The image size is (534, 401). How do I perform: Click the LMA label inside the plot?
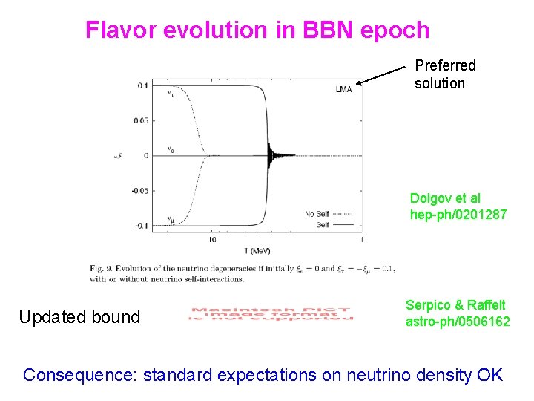[343, 89]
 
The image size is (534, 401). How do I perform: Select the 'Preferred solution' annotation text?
[444, 74]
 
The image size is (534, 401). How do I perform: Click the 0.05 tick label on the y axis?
[139, 120]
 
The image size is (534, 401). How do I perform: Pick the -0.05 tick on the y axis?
[139, 190]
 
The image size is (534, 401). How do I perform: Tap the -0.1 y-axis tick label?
[140, 225]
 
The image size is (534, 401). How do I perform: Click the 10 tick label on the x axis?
[212, 240]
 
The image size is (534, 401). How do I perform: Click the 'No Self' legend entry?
[316, 214]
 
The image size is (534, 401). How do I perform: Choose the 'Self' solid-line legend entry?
[322, 224]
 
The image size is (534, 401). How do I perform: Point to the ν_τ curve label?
[171, 93]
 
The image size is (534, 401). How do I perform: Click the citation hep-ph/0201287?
[458, 215]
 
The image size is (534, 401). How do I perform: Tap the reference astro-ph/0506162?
[457, 321]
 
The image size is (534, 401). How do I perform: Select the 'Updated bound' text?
[79, 317]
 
